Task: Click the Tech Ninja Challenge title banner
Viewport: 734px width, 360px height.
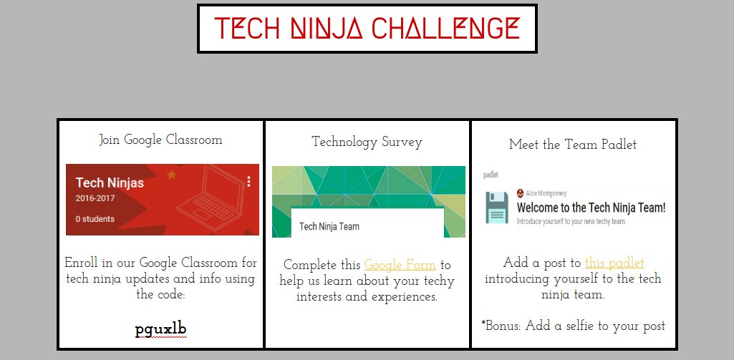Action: coord(367,29)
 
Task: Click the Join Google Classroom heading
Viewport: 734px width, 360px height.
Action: coord(160,140)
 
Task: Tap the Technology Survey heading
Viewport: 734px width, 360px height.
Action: coord(367,142)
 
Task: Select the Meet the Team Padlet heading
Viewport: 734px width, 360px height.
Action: coord(573,145)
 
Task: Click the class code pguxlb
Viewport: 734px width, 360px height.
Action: coord(161,330)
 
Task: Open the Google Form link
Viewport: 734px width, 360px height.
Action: coord(400,265)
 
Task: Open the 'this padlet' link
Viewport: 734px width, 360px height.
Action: coord(614,263)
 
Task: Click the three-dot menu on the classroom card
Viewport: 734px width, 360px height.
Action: coord(248,182)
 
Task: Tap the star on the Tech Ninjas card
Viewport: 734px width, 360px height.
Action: coord(171,174)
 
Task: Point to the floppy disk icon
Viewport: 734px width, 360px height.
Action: coord(497,208)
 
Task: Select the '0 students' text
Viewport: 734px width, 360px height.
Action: coord(95,219)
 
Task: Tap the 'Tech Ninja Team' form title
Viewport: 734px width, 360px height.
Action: coord(329,226)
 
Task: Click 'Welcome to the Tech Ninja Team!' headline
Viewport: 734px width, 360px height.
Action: coord(591,208)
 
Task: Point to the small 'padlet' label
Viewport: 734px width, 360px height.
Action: coord(491,174)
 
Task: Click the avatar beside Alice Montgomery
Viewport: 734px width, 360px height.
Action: coord(521,193)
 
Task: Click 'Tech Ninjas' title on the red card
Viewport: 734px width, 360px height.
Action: coord(110,183)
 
